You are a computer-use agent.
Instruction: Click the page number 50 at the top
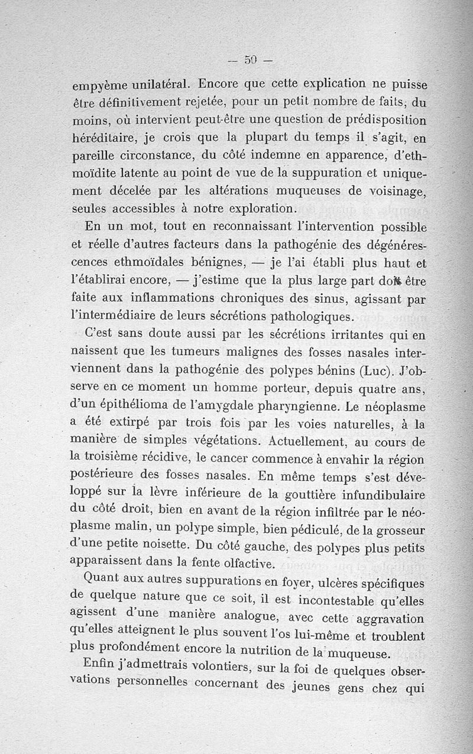pos(250,59)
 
